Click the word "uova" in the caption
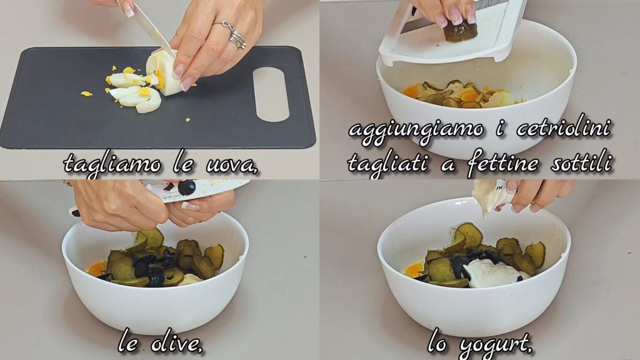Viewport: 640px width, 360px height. pos(231,164)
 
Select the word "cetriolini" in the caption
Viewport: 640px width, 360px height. pos(563,129)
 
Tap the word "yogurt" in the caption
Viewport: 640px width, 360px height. pos(496,346)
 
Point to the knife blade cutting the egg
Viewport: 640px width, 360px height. pos(149,27)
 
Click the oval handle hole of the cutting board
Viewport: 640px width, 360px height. pos(271,94)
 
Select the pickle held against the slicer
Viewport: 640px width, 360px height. pos(461,31)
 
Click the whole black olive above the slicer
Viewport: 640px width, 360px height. pos(186,187)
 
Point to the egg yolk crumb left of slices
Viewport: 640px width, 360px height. pos(86,94)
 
